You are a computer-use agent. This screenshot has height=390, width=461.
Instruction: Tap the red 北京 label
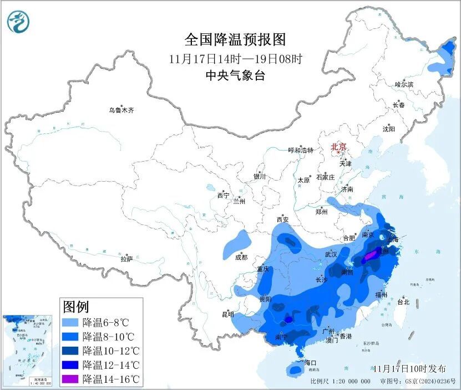338,147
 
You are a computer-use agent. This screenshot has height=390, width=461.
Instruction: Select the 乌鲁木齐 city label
121,111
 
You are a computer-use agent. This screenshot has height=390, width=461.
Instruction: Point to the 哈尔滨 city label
404,84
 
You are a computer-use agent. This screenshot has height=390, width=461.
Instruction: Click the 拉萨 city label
126,259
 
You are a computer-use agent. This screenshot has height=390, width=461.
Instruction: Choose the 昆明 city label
228,314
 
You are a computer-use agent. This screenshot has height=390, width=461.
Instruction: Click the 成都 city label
241,257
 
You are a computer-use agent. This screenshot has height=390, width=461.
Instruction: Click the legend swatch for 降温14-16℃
70,379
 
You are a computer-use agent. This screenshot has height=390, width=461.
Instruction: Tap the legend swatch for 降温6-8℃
70,322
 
